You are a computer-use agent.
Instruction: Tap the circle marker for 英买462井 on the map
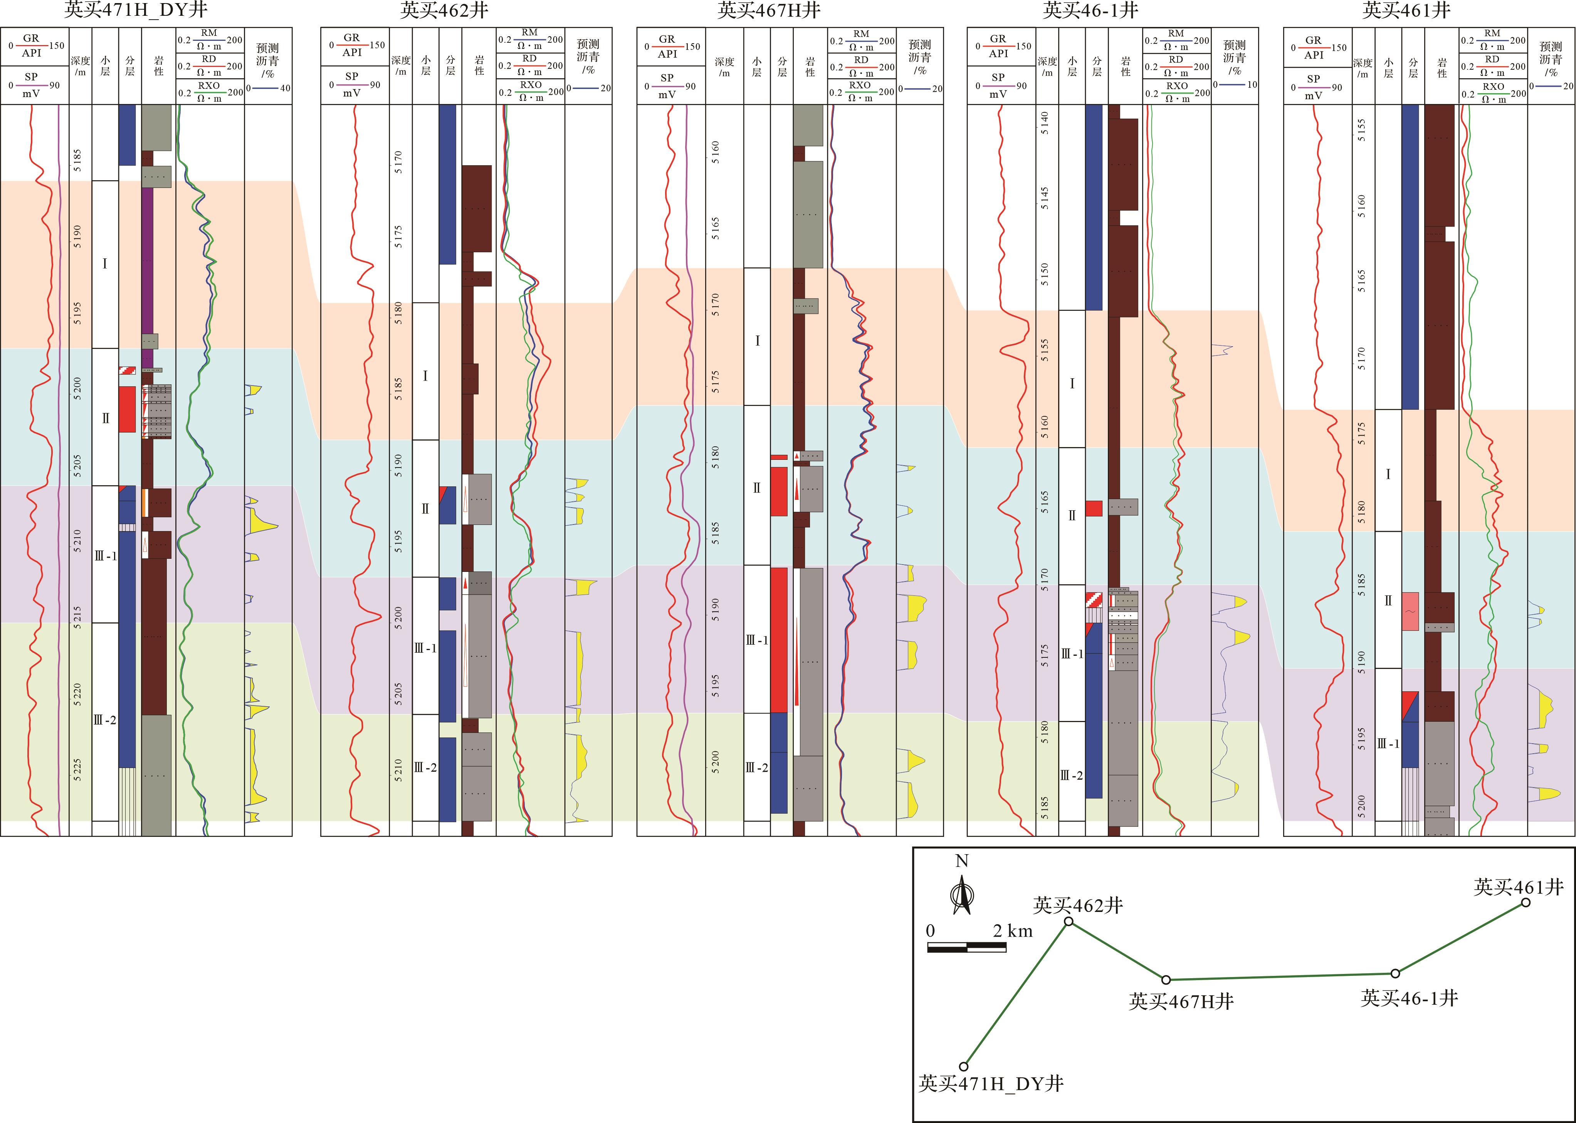tap(1069, 922)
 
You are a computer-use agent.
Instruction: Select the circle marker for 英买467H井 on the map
tap(1166, 980)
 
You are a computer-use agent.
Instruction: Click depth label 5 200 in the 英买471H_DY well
tap(77, 388)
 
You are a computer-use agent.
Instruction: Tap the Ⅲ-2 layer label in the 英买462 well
tap(425, 768)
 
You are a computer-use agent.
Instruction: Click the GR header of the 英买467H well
tap(667, 46)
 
